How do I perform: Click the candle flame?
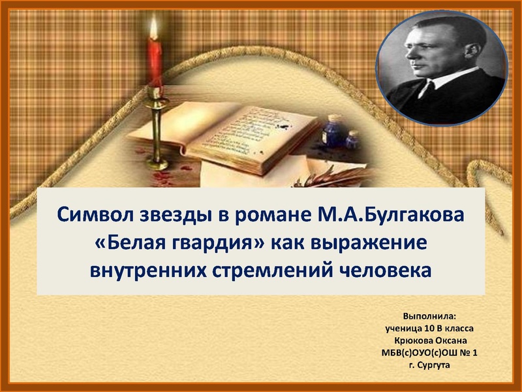click(x=154, y=29)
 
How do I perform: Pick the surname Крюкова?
click(x=412, y=341)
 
